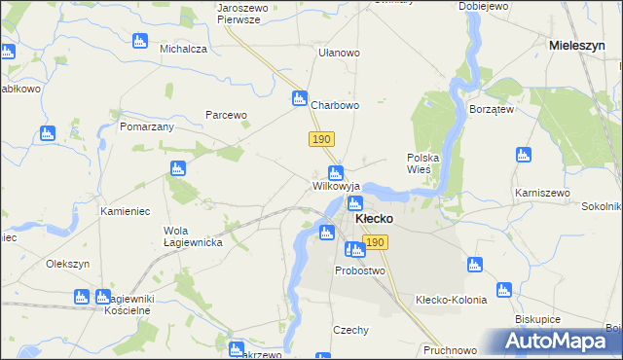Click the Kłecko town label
pyautogui.click(x=374, y=219)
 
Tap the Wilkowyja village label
pyautogui.click(x=337, y=185)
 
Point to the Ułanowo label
pyautogui.click(x=340, y=53)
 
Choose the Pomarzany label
pyautogui.click(x=146, y=126)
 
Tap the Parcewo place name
pyautogui.click(x=226, y=115)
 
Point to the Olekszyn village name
pyautogui.click(x=68, y=264)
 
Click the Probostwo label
pyautogui.click(x=360, y=270)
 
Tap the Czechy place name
pyautogui.click(x=350, y=330)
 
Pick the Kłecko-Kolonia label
pyautogui.click(x=451, y=300)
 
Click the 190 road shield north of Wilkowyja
pyautogui.click(x=322, y=140)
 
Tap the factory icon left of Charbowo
pyautogui.click(x=300, y=98)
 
